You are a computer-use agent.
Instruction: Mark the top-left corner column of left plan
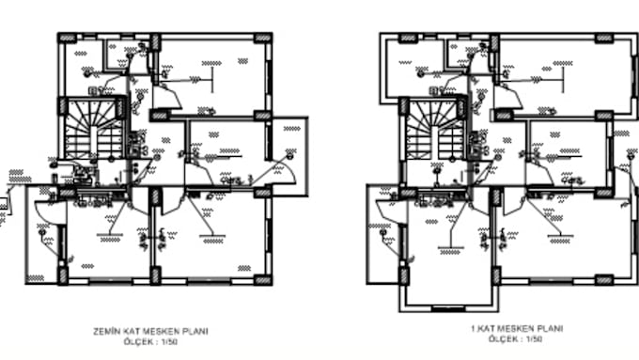click(x=68, y=38)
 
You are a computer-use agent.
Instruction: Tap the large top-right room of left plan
click(x=210, y=75)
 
